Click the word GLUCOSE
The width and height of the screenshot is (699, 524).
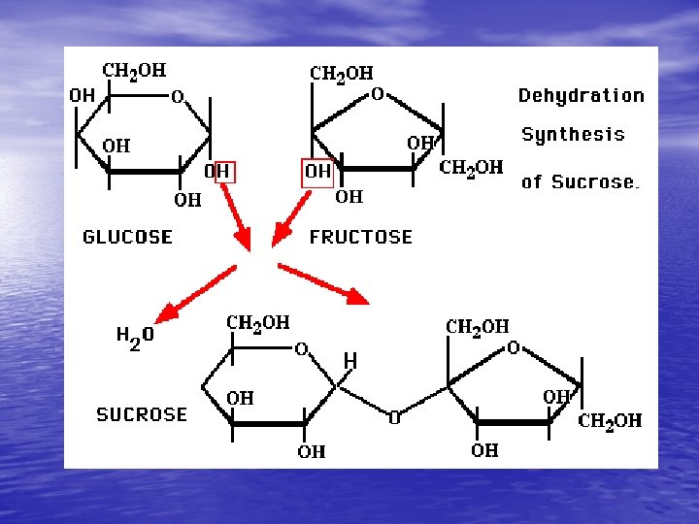(x=127, y=237)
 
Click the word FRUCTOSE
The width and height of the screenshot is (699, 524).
(x=360, y=237)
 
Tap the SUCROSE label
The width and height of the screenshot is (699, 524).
(x=142, y=414)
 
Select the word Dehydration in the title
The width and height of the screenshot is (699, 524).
(x=581, y=95)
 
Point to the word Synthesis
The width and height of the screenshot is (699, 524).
(x=573, y=135)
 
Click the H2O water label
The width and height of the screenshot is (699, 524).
(x=135, y=337)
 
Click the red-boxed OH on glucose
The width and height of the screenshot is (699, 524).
(x=218, y=172)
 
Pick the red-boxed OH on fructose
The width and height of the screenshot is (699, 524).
(x=317, y=172)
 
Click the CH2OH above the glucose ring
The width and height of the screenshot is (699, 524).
(x=134, y=71)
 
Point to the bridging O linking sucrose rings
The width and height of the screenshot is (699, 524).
(x=394, y=419)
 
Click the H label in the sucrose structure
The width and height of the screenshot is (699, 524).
(x=349, y=361)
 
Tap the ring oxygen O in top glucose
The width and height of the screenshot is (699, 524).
(x=178, y=96)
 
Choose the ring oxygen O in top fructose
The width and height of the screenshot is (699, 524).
(x=378, y=94)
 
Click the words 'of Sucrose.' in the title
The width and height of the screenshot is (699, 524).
(x=581, y=181)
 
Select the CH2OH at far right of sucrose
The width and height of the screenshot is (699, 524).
(x=610, y=421)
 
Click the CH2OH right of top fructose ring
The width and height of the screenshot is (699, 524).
(x=471, y=168)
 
